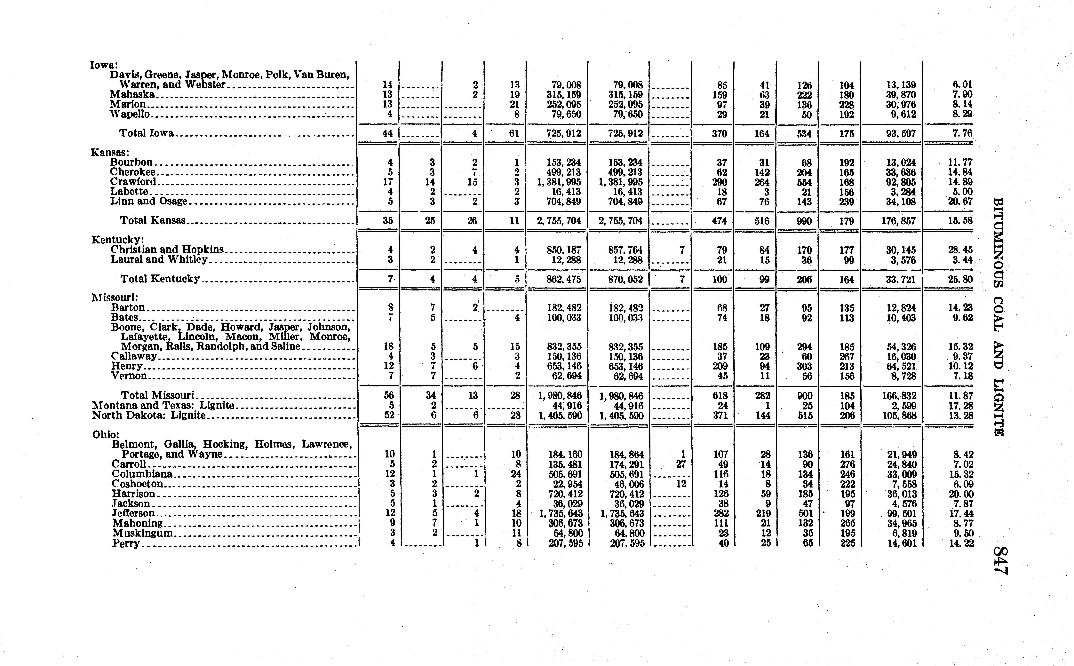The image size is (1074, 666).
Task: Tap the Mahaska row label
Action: pyautogui.click(x=132, y=94)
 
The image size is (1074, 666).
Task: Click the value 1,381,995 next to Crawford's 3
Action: pyautogui.click(x=559, y=182)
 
